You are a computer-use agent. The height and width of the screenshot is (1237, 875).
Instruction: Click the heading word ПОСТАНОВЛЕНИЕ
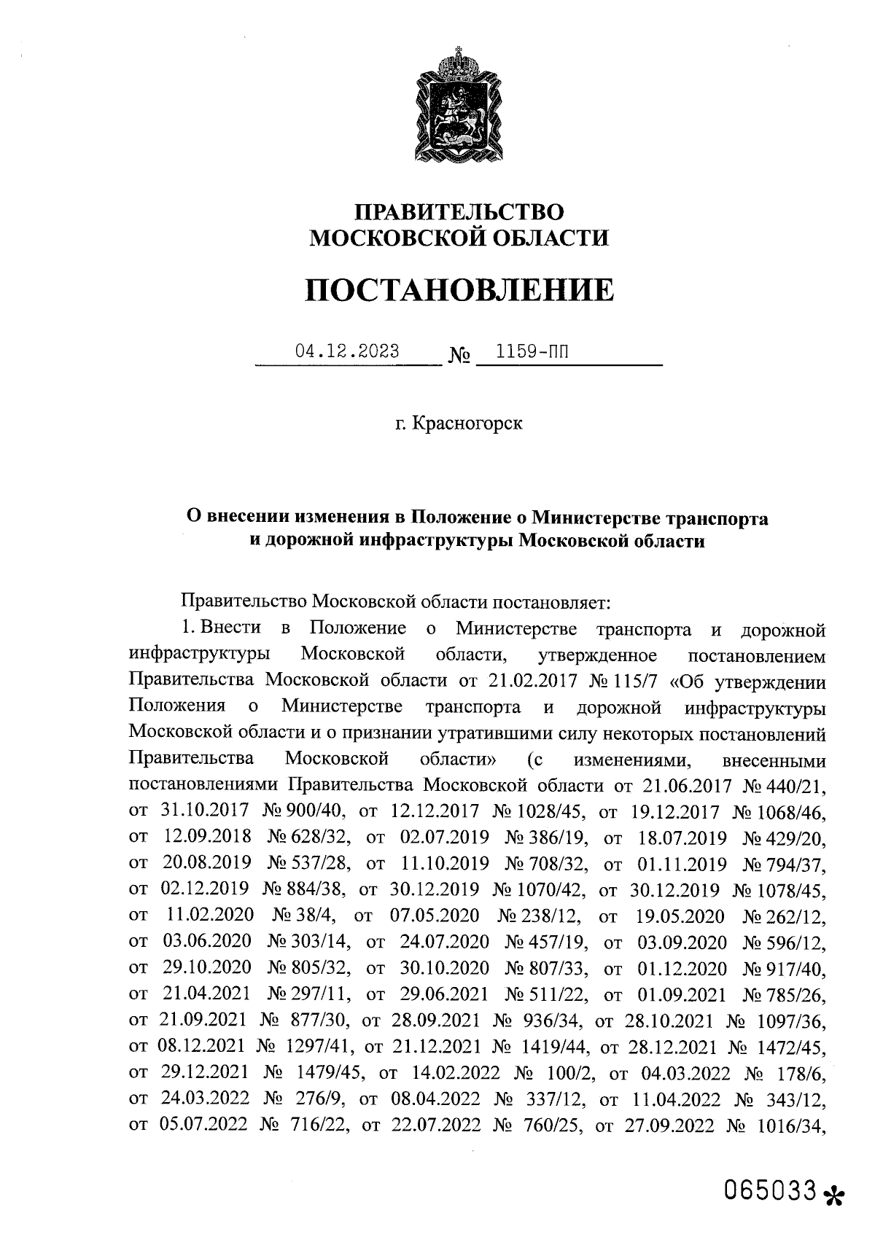pos(459,291)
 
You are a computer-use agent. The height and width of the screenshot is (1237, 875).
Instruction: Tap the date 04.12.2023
pos(347,351)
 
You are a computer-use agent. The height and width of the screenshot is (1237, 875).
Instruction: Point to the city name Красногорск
pos(467,424)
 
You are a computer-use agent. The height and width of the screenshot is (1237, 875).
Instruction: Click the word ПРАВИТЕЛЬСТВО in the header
pos(459,212)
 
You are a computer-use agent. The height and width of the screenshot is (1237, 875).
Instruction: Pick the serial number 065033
pos(769,1190)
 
